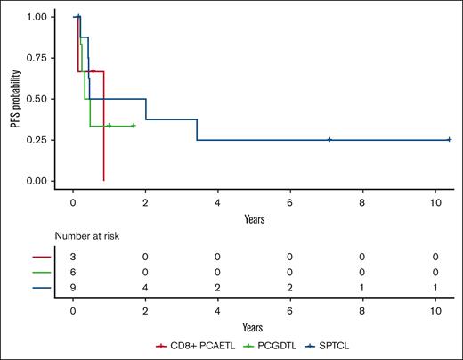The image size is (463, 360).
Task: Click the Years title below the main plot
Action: [254, 217]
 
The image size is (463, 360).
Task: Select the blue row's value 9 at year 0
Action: [73, 288]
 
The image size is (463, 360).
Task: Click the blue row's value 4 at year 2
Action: [145, 288]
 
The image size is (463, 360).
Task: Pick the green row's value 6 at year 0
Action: [73, 271]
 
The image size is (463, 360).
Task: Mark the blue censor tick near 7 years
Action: [329, 140]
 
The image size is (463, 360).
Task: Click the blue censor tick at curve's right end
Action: [449, 140]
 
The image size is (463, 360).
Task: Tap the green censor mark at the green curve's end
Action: [134, 126]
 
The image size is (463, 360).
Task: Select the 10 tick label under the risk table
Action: [435, 312]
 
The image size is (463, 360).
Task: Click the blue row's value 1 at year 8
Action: [362, 288]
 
